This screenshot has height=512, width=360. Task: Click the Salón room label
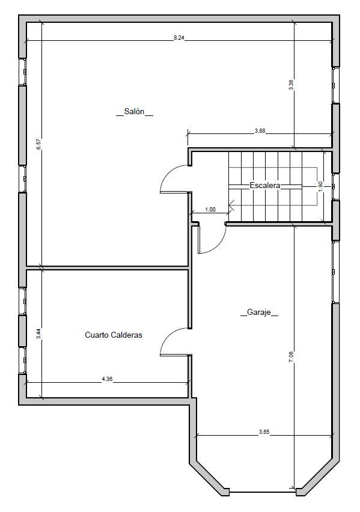point(135,112)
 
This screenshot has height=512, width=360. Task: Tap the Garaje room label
point(259,312)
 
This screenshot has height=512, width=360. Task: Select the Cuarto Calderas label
point(114,335)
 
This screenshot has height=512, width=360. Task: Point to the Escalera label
point(265,186)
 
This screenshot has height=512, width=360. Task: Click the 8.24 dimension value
point(179,38)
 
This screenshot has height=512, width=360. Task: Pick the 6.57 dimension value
point(38,144)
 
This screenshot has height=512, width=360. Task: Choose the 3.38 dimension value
point(291,85)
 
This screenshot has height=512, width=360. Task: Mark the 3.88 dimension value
point(260,131)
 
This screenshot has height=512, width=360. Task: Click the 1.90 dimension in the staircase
point(320,186)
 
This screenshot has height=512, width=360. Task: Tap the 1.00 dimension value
point(210,210)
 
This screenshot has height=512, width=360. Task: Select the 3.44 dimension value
point(38,334)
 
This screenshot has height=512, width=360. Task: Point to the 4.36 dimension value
point(107,379)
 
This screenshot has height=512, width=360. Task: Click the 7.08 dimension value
point(291,357)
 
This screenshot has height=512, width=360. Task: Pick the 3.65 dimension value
point(264,431)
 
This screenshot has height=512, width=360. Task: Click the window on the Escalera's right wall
point(334,186)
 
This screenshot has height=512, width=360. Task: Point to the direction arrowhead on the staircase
point(231,206)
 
